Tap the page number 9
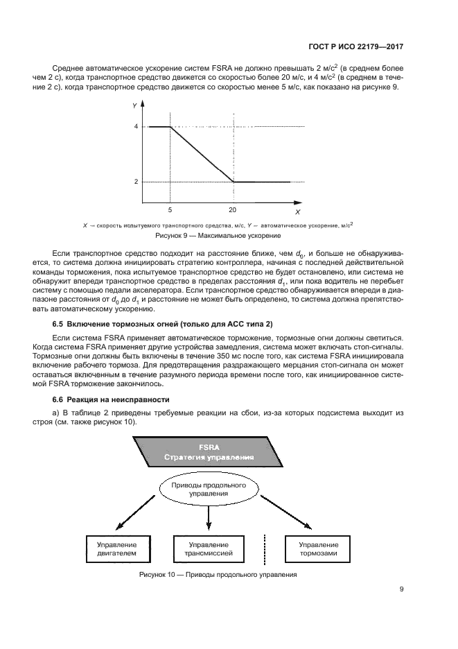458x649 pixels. click(402, 590)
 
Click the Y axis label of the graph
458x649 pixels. click(134, 106)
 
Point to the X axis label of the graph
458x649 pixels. click(297, 211)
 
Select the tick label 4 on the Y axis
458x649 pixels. click(136, 127)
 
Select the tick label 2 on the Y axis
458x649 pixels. click(136, 182)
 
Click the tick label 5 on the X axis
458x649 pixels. click(170, 209)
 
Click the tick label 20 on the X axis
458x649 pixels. click(232, 209)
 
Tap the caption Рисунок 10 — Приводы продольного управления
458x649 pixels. click(218, 575)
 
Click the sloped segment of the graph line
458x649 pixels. click(201, 154)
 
